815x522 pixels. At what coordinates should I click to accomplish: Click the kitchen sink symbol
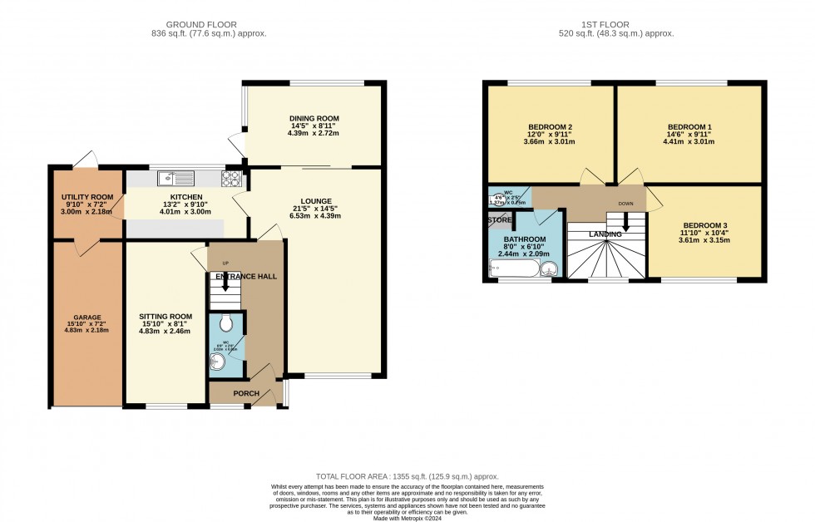point(175,177)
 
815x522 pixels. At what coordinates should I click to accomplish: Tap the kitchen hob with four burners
point(230,177)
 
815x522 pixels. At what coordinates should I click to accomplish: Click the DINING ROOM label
point(314,119)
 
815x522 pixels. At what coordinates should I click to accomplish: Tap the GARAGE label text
point(86,318)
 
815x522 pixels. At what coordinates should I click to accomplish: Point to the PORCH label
point(245,394)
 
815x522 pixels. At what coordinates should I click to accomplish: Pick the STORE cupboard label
point(501,221)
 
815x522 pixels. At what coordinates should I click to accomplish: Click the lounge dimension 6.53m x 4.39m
point(316,216)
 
